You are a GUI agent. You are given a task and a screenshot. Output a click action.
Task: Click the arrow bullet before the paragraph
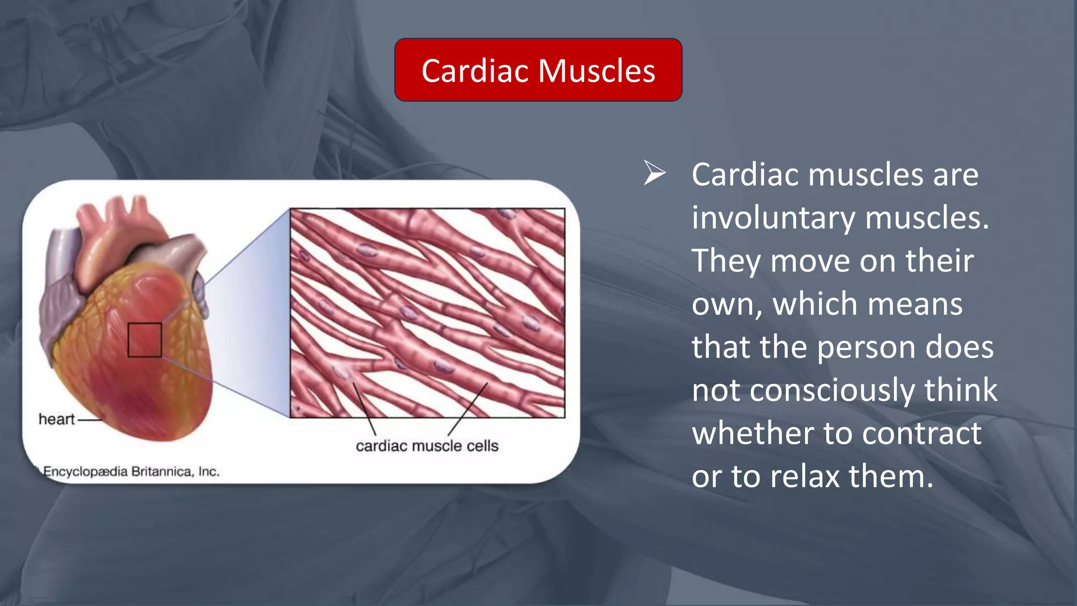[655, 173]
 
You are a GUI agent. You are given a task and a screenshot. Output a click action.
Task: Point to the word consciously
[833, 391]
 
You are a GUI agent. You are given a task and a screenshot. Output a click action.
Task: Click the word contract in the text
[921, 434]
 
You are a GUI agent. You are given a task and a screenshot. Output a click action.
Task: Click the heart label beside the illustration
[57, 419]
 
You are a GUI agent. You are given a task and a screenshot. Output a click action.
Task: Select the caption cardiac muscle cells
[427, 446]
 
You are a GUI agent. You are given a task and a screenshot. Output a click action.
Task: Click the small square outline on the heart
[145, 340]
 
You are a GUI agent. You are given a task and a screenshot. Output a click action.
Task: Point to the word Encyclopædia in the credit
[85, 471]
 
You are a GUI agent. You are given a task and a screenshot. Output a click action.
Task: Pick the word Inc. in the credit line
[209, 471]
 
